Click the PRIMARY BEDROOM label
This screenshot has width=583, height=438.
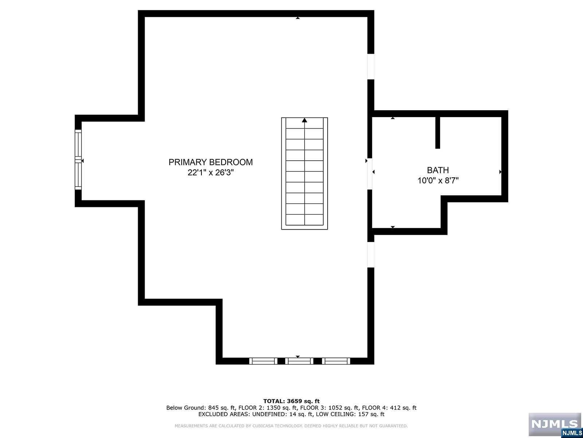(x=210, y=162)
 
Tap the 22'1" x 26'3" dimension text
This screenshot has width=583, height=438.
(x=210, y=173)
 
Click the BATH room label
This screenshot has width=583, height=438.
(x=438, y=170)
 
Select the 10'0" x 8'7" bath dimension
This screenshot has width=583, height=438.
(x=438, y=180)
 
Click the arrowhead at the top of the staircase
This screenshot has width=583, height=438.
(x=305, y=120)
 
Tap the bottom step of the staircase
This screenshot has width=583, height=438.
(x=305, y=220)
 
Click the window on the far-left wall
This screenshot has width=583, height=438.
(x=78, y=160)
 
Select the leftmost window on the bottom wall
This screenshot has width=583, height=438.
(x=263, y=361)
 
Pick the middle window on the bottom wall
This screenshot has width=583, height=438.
(x=299, y=361)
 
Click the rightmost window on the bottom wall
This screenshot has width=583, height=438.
(x=336, y=361)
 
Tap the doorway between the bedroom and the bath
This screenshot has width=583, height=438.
(x=369, y=173)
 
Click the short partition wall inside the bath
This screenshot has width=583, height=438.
(x=438, y=132)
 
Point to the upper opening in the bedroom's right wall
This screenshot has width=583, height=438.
(x=371, y=66)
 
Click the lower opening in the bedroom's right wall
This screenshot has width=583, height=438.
(x=371, y=254)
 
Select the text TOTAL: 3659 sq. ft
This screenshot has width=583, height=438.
(x=291, y=401)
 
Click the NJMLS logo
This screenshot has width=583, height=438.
(x=555, y=424)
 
